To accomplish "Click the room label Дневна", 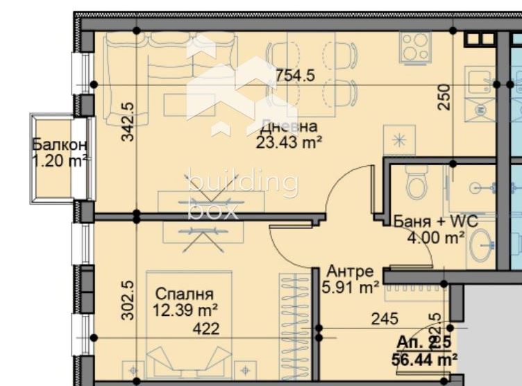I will tap(289, 127).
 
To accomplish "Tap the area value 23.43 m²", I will tap(289, 142).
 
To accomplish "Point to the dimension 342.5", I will tap(128, 122).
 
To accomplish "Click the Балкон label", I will tap(60, 145).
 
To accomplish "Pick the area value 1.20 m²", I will tap(60, 160).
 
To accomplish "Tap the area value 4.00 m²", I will tap(436, 238).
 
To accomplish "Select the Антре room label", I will tap(351, 271).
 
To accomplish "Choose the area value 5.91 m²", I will tap(351, 285).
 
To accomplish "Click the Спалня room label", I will tap(184, 294).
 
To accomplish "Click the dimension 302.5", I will tap(128, 301).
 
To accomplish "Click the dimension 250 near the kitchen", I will tap(445, 97).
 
